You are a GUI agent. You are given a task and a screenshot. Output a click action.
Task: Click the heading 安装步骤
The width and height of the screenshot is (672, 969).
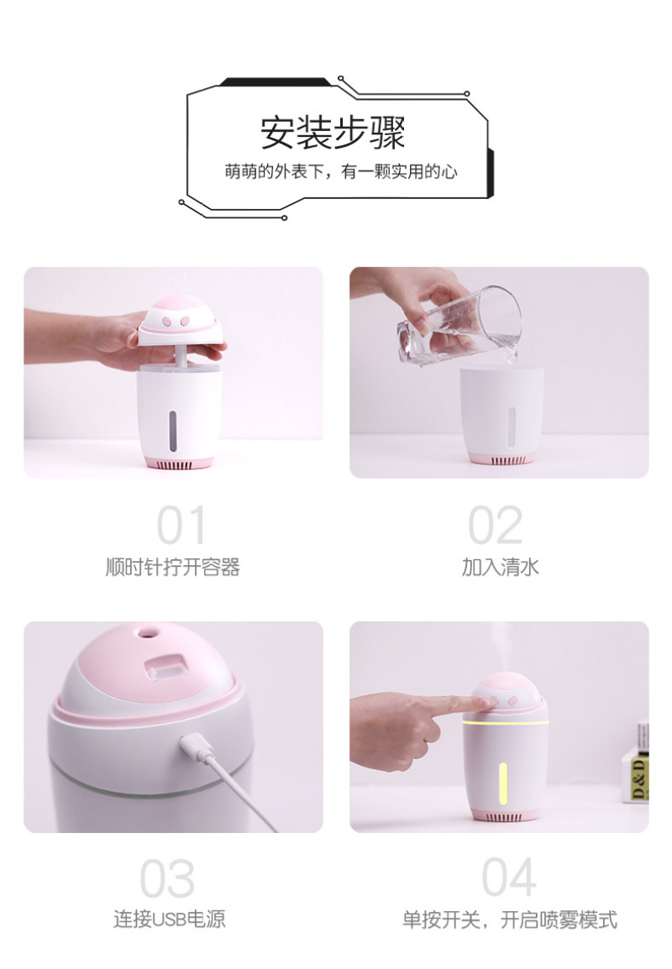click(x=333, y=132)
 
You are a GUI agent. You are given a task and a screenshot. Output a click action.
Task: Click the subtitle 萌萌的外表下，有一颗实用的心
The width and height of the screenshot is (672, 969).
click(x=341, y=171)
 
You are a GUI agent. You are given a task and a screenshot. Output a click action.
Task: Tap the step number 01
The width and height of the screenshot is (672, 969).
click(x=181, y=525)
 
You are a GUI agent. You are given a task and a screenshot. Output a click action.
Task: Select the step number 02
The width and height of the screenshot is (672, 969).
click(x=496, y=525)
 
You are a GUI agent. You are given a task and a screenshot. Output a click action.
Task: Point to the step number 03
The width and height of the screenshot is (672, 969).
click(x=167, y=877)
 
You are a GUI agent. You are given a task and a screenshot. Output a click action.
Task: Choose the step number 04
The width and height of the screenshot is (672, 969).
click(x=508, y=877)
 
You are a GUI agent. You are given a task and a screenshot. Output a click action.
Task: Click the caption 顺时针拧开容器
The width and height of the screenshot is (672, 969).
click(x=172, y=567)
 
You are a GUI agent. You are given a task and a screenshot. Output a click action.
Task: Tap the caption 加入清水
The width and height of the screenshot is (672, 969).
click(x=500, y=567)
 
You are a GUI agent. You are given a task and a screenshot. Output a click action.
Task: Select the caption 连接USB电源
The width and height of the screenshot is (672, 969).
click(x=170, y=919)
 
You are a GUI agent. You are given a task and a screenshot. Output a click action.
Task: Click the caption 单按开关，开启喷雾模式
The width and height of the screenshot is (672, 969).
click(x=509, y=919)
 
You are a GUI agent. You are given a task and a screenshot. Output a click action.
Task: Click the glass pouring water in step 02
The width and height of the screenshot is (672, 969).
click(x=459, y=326)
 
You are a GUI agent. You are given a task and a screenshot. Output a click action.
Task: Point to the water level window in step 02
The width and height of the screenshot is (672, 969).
click(x=512, y=427)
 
